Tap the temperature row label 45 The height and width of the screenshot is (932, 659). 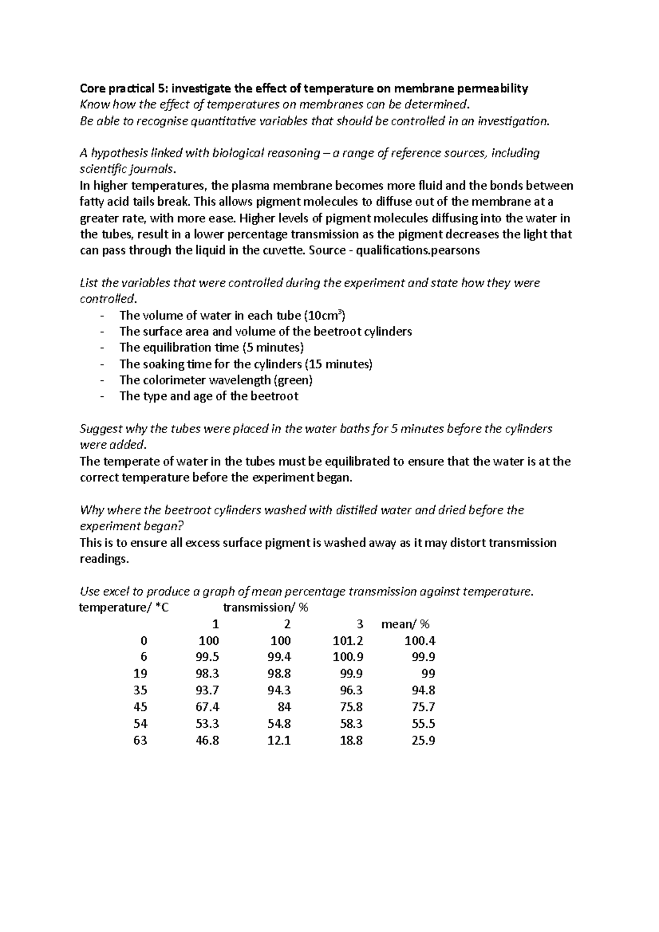pyautogui.click(x=140, y=707)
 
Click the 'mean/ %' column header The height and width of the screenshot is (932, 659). pyautogui.click(x=405, y=624)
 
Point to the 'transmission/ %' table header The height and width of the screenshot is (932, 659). pyautogui.click(x=266, y=608)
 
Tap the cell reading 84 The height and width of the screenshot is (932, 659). pyautogui.click(x=284, y=707)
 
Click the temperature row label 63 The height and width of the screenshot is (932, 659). pyautogui.click(x=140, y=740)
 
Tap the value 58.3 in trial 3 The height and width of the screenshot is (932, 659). pyautogui.click(x=351, y=723)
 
